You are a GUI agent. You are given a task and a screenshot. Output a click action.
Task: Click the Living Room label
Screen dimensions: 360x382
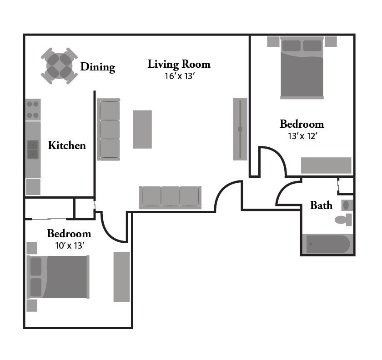pyautogui.click(x=179, y=64)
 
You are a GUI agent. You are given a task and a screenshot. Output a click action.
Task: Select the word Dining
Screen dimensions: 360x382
pyautogui.click(x=98, y=67)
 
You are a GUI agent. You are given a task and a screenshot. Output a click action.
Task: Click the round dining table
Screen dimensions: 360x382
pyautogui.click(x=59, y=66)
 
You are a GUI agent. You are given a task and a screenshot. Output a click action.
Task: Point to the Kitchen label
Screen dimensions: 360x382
pyautogui.click(x=67, y=145)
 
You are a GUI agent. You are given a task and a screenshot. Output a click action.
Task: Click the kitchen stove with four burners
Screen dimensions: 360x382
pyautogui.click(x=33, y=110)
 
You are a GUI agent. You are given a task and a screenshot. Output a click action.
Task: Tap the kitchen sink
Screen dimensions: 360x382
pyautogui.click(x=33, y=149)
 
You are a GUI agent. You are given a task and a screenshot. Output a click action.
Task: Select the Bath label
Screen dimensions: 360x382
pyautogui.click(x=321, y=205)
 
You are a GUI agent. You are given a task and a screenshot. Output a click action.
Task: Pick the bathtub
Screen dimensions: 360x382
pyautogui.click(x=327, y=244)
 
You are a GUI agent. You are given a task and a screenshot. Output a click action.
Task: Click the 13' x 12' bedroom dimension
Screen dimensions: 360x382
pyautogui.click(x=302, y=135)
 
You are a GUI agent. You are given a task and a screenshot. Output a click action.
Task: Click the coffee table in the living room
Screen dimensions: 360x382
pyautogui.click(x=142, y=129)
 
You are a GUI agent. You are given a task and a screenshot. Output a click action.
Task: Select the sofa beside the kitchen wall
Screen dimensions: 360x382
pyautogui.click(x=109, y=130)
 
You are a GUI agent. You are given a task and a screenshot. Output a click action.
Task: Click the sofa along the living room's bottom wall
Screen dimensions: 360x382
pyautogui.click(x=170, y=197)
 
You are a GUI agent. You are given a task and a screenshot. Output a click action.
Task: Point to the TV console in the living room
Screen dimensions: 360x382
pyautogui.click(x=240, y=129)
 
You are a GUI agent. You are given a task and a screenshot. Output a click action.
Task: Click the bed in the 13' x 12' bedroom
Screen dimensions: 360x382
pyautogui.click(x=302, y=68)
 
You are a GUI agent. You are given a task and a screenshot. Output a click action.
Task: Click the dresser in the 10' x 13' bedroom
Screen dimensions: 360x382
pyautogui.click(x=121, y=277)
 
